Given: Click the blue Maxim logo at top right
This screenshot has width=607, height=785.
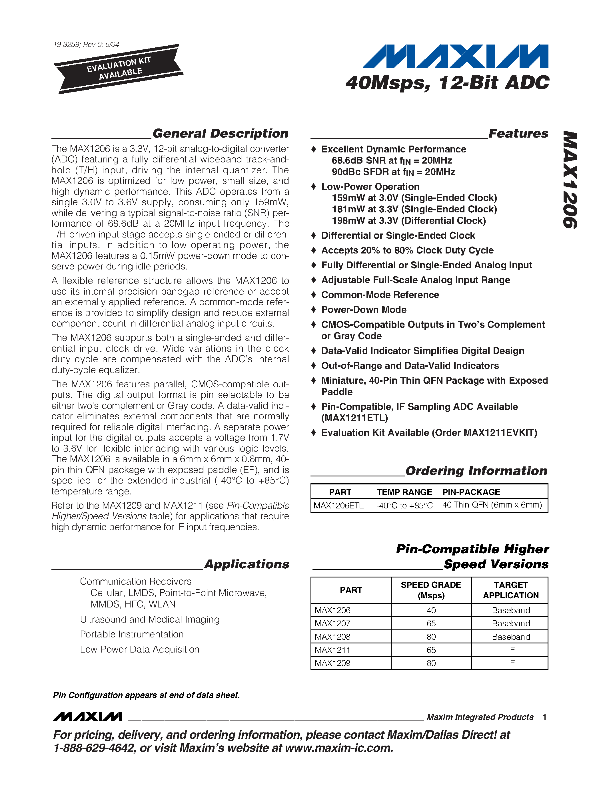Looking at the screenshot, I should point(455,56).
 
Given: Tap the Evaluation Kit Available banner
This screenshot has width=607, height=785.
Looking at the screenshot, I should point(119,69).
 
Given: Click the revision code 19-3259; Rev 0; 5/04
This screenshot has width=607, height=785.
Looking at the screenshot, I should point(86,45).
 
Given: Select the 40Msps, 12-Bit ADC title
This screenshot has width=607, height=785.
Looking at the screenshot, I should point(447,83).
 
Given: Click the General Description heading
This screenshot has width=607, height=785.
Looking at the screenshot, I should point(220,133).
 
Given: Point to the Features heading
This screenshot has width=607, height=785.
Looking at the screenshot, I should point(518,133).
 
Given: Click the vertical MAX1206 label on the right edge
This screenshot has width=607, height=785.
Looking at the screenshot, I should point(570,180).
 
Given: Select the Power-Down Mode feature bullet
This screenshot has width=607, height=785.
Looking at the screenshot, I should point(364,309).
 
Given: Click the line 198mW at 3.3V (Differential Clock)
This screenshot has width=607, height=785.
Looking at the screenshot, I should point(408,220).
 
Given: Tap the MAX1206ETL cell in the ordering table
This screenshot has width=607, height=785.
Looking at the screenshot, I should point(338,505).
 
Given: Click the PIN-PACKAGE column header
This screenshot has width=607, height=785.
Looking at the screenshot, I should point(471,492).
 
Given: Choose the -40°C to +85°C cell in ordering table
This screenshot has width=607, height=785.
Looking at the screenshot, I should point(404,505).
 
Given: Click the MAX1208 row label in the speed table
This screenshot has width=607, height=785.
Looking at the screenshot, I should point(332,637).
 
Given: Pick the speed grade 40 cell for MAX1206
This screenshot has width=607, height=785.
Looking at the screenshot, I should point(431,610).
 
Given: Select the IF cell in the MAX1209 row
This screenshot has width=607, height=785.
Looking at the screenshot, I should point(511,663).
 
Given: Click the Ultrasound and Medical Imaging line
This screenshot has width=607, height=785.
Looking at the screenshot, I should point(150,619).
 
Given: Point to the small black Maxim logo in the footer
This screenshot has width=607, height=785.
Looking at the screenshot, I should point(87,717).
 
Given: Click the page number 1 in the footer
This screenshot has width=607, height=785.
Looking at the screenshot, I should point(544,717).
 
